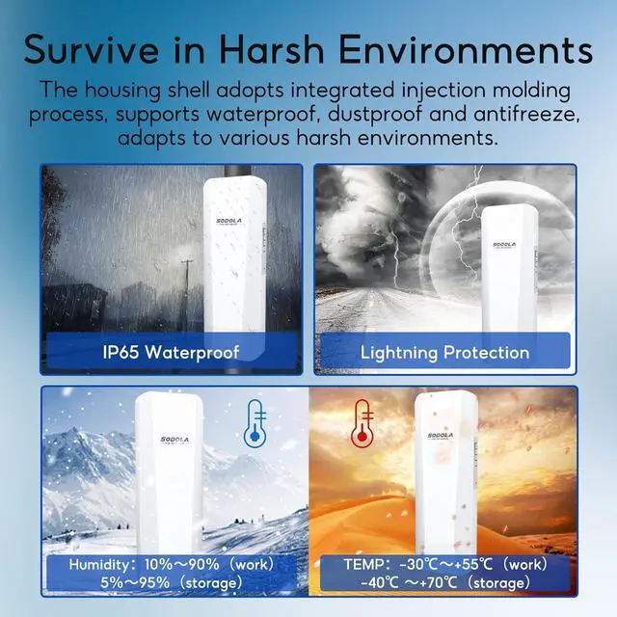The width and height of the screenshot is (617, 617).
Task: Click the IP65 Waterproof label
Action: (171, 352)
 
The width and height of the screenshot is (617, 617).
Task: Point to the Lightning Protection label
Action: (444, 353)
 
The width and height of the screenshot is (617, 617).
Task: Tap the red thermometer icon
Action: (362, 420)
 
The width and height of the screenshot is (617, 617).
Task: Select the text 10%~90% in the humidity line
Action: (187, 564)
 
